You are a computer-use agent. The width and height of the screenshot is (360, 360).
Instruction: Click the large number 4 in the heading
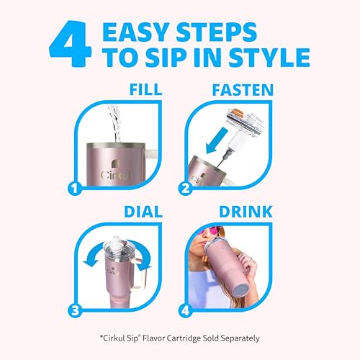[x=70, y=43]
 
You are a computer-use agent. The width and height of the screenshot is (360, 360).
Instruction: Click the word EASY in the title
[x=135, y=32]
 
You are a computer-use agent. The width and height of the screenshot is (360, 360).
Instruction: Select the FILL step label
[x=145, y=89]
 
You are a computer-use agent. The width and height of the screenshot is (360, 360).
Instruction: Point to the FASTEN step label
[x=243, y=90]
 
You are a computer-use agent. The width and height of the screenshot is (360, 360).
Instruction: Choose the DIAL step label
[x=143, y=212]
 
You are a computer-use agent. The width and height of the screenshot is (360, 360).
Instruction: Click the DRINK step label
[x=246, y=212]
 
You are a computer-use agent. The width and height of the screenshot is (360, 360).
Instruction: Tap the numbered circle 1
[x=75, y=189]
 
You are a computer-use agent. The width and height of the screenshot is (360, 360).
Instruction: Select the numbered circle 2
[x=185, y=189]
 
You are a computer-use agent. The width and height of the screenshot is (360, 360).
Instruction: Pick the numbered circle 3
[x=75, y=310]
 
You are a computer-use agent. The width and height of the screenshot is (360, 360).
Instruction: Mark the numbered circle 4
[x=185, y=310]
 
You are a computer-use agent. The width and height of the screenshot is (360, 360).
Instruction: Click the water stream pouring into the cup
[x=114, y=123]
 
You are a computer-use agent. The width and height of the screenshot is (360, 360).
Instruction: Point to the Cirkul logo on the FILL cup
[x=115, y=171]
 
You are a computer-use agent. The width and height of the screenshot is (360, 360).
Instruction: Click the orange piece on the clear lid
[x=238, y=112]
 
